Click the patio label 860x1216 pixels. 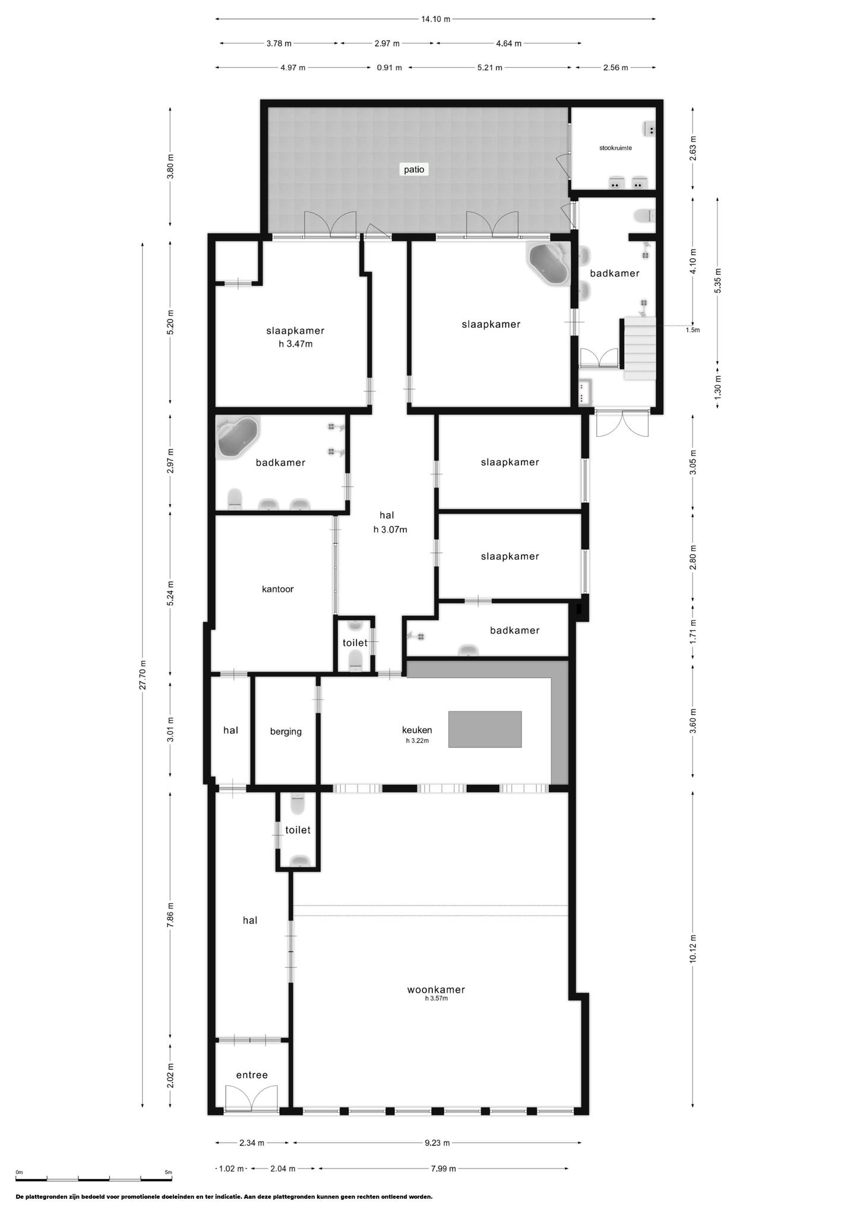pos(414,169)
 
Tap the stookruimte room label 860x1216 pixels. pos(615,148)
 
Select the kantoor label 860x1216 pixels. pos(278,589)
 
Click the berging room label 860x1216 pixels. pos(286,731)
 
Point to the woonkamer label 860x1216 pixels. pos(436,989)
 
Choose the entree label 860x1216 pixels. pos(252,1075)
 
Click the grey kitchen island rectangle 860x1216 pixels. pos(485,729)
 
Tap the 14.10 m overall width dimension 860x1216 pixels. pos(436,19)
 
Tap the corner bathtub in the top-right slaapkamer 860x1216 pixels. pos(548,264)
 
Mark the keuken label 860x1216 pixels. pos(417,730)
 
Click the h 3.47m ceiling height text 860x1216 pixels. pos(296,344)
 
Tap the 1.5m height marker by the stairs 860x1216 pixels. pos(693,330)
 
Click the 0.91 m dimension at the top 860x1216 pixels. pos(389,68)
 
